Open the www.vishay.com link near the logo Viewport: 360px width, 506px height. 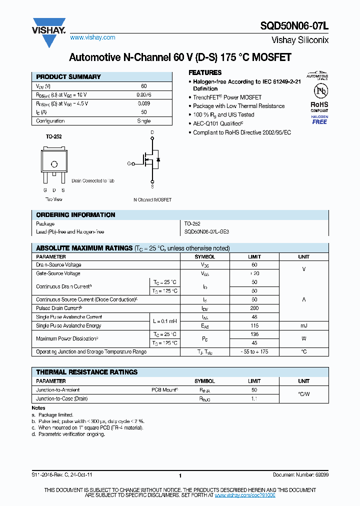tap(92, 37)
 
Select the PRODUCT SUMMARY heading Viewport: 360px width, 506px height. tap(68, 77)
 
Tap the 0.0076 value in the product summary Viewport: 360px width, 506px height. tap(144, 94)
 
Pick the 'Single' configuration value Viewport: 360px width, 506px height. tap(144, 121)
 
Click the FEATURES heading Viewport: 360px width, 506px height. tap(205, 72)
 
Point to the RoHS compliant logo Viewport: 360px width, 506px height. tap(319, 107)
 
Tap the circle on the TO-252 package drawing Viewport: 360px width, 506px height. tap(54, 164)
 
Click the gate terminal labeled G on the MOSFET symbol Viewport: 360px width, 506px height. tap(128, 163)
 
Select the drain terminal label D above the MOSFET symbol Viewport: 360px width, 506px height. tap(152, 132)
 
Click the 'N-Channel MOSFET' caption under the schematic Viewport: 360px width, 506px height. tap(152, 199)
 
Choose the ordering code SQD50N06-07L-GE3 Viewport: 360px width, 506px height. tap(206, 232)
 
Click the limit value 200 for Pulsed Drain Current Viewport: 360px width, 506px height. tap(254, 308)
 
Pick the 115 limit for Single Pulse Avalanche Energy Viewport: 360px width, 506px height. tap(254, 325)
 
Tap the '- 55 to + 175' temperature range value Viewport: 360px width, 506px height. tap(254, 352)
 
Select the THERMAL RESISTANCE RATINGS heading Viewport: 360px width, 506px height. tap(87, 372)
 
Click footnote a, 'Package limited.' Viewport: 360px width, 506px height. tap(52, 415)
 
